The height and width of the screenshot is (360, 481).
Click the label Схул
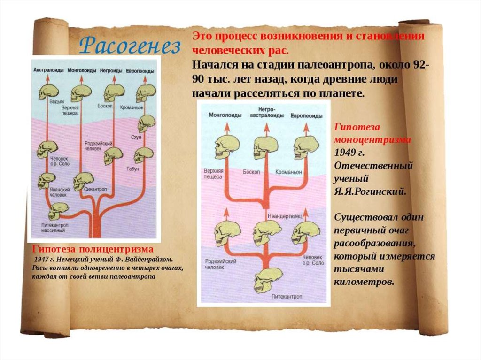136,137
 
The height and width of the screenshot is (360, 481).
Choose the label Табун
133,168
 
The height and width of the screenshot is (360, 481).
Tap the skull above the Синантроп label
83,180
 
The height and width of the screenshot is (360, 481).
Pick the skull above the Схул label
146,123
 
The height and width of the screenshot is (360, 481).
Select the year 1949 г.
349,153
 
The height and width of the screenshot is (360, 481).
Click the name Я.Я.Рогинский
370,191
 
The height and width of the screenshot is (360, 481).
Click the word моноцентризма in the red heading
372,140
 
